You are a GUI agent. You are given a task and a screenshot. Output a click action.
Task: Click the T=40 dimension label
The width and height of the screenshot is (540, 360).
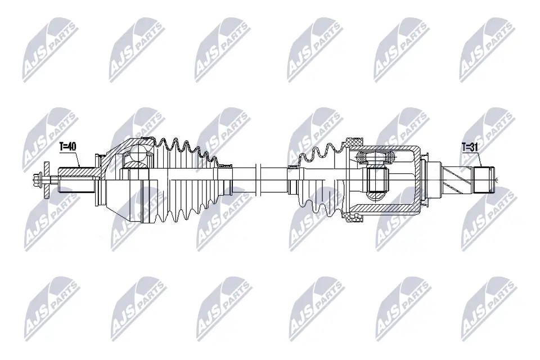pyautogui.click(x=67, y=147)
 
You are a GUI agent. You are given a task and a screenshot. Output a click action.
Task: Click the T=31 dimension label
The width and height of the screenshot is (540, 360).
pyautogui.click(x=470, y=147)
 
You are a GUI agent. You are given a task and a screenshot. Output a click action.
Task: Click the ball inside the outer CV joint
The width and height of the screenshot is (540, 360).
pyautogui.click(x=136, y=154)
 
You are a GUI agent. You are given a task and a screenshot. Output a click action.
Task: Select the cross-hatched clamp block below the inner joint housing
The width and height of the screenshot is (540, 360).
pyautogui.click(x=355, y=220)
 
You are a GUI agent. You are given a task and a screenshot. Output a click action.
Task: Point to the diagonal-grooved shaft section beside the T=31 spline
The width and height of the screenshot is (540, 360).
pyautogui.click(x=459, y=180)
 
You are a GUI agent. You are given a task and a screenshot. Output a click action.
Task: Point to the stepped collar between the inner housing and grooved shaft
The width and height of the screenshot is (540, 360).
pyautogui.click(x=434, y=180)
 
